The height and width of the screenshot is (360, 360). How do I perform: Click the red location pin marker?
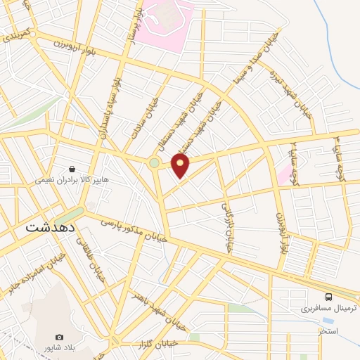[x=181, y=165]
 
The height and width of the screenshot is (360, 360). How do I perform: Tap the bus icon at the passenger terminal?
[x=329, y=296]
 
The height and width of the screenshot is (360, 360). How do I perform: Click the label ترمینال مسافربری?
[x=328, y=308]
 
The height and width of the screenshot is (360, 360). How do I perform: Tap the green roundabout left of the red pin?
[x=154, y=164]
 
